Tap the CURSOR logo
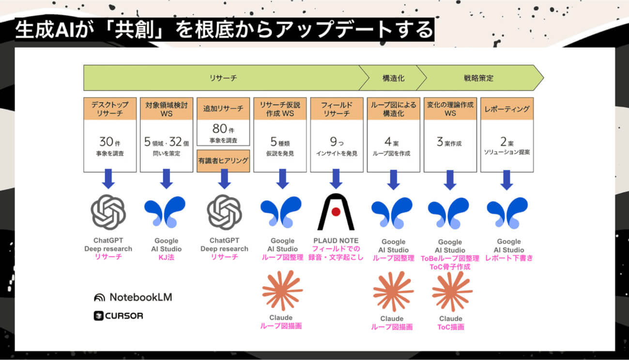point(119,315)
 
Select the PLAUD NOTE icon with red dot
point(336,212)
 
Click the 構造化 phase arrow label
point(393,78)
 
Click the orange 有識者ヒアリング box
point(223,161)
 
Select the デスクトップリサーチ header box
point(110,109)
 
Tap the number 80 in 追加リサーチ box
point(219,129)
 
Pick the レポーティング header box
point(506,109)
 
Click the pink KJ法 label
point(166,257)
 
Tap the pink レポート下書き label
point(509,258)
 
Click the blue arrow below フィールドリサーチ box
point(336,179)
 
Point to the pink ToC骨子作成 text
point(450,266)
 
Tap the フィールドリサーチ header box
point(337,109)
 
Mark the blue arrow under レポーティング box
point(507,179)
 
